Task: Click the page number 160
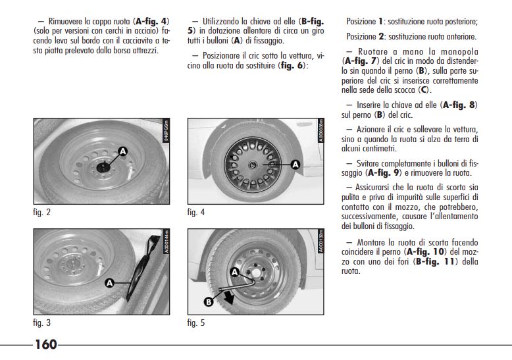45,344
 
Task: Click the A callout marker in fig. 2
122,152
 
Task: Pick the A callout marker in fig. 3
110,282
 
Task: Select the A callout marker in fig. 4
294,164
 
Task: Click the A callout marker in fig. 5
234,271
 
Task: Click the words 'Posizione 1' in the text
365,21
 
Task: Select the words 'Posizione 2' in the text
365,37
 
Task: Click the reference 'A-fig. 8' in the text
459,104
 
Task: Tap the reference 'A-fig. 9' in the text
384,172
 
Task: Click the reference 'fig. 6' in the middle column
292,66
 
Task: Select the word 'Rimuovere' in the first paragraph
63,21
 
